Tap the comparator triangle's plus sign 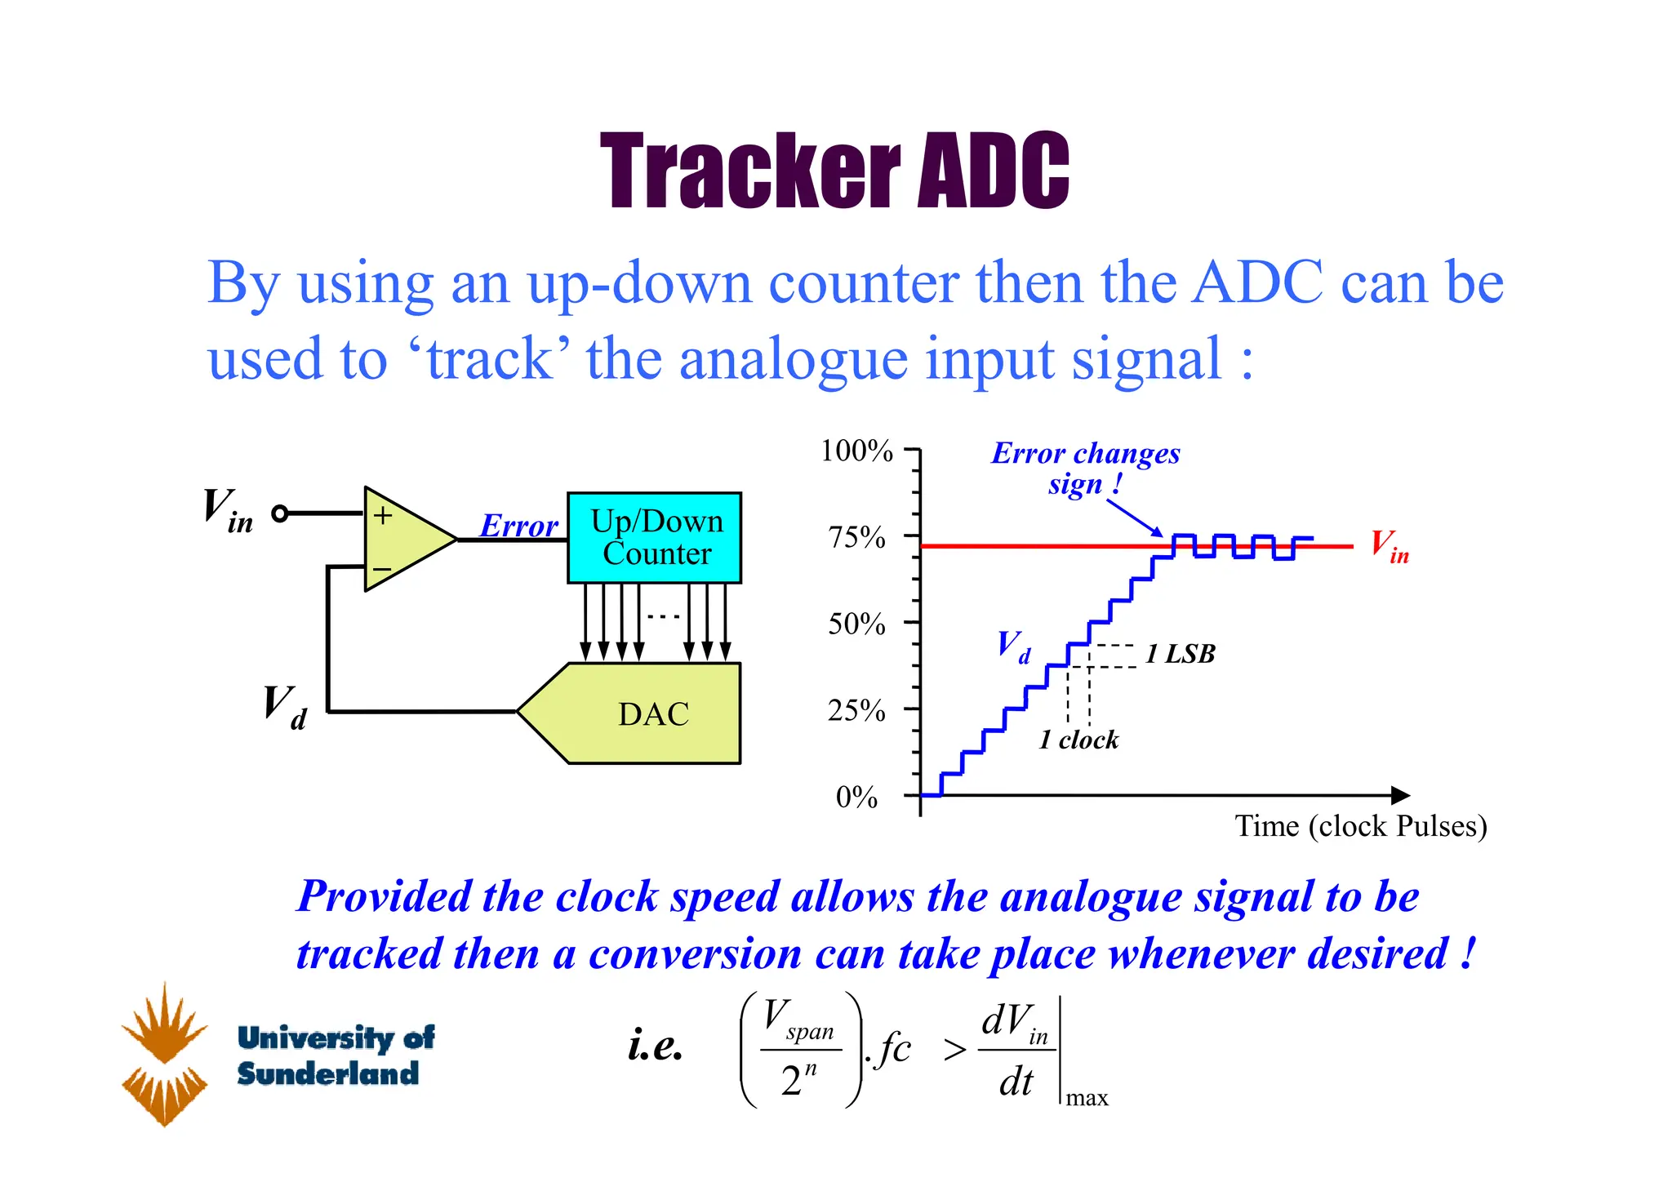pos(383,516)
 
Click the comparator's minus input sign pos(382,569)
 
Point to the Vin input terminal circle pos(280,513)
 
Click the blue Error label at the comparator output pos(518,526)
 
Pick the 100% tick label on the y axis pos(856,451)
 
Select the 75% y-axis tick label pos(856,537)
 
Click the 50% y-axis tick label pos(856,624)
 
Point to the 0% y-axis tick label pos(856,797)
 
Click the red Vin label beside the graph pos(1389,545)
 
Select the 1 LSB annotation pos(1180,654)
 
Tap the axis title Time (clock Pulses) pos(1360,826)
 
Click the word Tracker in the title pos(749,171)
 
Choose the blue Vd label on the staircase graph pos(1013,647)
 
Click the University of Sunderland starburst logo pos(165,1054)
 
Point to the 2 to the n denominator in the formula pos(798,1080)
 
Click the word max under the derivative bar pos(1087,1099)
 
